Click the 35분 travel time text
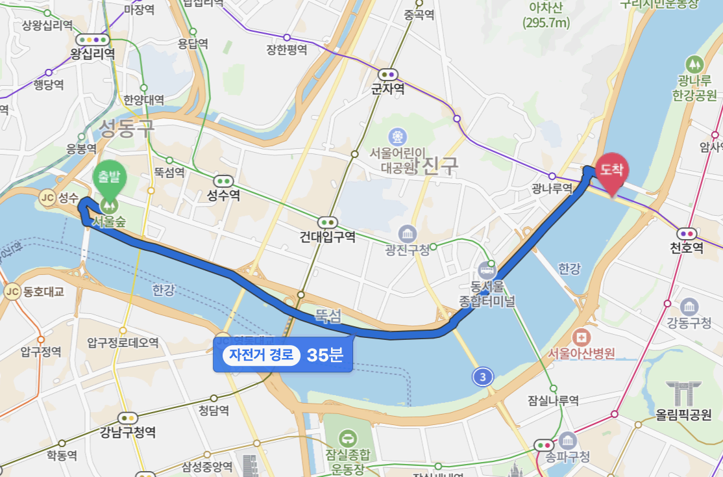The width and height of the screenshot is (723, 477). tap(325, 355)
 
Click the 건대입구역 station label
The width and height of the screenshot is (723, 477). tap(328, 237)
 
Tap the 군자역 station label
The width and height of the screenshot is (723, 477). tap(388, 88)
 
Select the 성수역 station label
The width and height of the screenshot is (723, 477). tap(224, 195)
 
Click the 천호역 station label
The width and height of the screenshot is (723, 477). tap(687, 248)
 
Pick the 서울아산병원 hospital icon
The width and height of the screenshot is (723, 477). tap(581, 337)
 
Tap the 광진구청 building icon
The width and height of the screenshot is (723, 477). tap(408, 233)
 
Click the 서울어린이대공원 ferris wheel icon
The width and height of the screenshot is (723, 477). tap(397, 136)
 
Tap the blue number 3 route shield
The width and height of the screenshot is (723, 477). tap(482, 376)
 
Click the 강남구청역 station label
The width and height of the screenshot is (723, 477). tap(128, 432)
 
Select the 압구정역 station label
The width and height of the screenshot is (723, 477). tap(40, 352)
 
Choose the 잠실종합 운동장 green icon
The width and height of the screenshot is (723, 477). tap(349, 438)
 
